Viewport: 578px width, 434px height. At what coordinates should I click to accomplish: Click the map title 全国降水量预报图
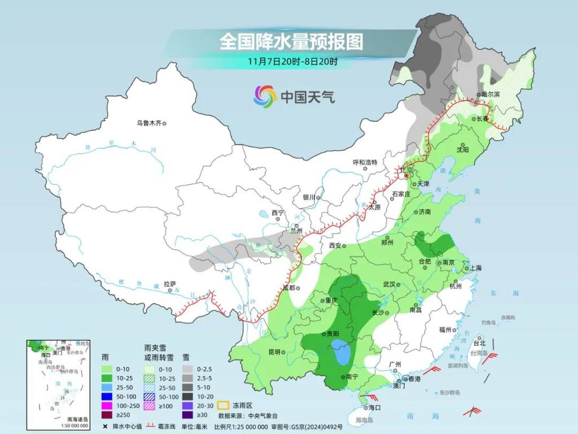(291, 41)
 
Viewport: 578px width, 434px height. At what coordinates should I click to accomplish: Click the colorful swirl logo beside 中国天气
(265, 97)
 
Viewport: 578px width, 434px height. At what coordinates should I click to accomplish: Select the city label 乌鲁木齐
(149, 123)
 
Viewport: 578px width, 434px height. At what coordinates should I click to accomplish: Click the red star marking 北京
(405, 176)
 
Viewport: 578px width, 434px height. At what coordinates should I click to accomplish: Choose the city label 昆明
(274, 352)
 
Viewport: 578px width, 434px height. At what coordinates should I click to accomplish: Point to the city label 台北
(479, 343)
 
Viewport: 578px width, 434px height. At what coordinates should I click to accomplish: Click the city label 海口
(374, 407)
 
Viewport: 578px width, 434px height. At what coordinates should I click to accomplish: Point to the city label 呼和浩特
(365, 162)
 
